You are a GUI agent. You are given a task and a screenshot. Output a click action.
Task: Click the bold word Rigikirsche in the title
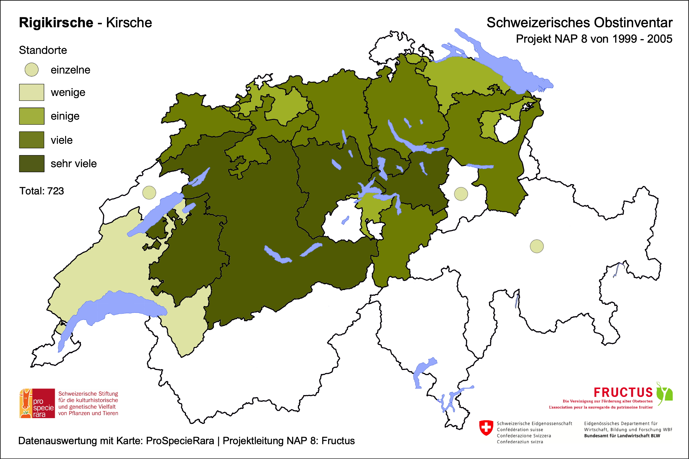point(56,23)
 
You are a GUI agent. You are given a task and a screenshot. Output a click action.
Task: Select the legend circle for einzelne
point(32,70)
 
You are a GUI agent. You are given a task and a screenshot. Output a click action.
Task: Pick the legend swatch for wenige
point(32,92)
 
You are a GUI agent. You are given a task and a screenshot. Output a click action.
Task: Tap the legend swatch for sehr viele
point(32,163)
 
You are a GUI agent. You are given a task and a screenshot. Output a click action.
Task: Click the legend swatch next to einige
point(32,116)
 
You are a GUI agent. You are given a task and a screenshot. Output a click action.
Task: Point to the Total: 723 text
point(42,191)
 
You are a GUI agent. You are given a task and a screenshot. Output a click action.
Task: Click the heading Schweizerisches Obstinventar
point(579,23)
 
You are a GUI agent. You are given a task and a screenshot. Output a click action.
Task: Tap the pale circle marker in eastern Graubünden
point(537,246)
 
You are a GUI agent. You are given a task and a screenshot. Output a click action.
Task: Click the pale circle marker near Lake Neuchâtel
point(149,193)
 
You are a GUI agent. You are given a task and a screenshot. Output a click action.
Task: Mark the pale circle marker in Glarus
point(461,194)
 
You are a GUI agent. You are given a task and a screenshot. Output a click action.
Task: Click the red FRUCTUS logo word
point(623,392)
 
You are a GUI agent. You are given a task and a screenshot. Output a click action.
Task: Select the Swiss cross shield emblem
point(486,428)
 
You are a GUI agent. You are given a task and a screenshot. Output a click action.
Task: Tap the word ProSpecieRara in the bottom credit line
point(180,441)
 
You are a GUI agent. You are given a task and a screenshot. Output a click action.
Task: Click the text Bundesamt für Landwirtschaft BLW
point(622,436)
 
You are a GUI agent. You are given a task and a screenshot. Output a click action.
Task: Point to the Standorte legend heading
point(43,50)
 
